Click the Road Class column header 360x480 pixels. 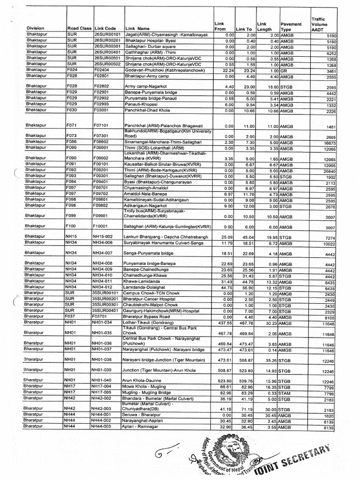pyautogui.click(x=79, y=28)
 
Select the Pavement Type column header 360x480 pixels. pyautogui.click(x=291, y=26)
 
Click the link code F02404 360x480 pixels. pyautogui.click(x=102, y=69)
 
